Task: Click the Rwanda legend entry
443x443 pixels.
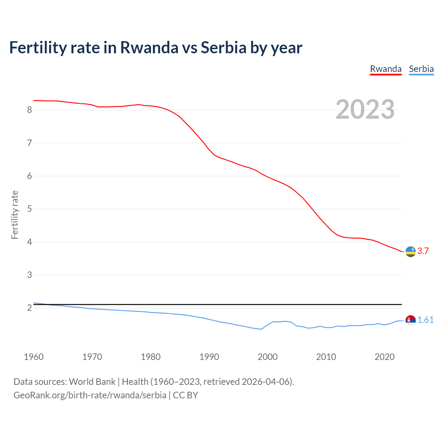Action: (x=386, y=69)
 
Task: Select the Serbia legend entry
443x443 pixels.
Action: (x=421, y=69)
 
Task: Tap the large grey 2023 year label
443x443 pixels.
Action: (x=365, y=109)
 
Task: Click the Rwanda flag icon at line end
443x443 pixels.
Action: (x=410, y=252)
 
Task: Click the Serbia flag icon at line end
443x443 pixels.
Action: (x=410, y=320)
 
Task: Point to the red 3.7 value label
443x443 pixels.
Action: (x=423, y=251)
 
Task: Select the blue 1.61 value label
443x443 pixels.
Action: (x=425, y=320)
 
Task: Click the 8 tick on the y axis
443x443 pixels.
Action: (x=29, y=110)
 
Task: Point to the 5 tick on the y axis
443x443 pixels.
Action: (x=29, y=209)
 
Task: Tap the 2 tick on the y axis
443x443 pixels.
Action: (x=29, y=308)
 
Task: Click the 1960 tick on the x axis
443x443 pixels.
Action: (x=34, y=357)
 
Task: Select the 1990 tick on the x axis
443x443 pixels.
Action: (x=209, y=357)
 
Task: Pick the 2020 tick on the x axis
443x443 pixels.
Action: (x=385, y=357)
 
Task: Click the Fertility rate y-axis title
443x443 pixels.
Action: (x=15, y=215)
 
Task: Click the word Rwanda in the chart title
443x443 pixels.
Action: (x=149, y=47)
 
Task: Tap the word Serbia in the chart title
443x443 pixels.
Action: (x=224, y=47)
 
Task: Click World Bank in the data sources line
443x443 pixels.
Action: (x=92, y=382)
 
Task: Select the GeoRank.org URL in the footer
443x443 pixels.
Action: (x=90, y=395)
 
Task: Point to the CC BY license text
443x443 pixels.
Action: (x=186, y=395)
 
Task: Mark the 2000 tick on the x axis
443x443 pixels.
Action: (x=268, y=357)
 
